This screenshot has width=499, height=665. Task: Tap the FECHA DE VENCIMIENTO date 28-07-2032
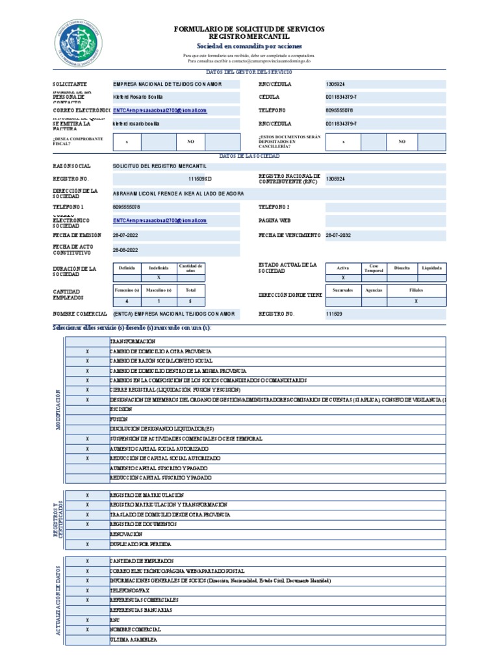pos(338,235)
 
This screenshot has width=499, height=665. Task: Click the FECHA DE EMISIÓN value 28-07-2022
pos(125,235)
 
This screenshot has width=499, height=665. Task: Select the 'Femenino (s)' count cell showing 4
pos(127,301)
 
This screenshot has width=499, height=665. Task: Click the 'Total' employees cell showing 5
pos(190,301)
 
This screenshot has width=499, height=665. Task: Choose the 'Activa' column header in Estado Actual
pos(343,268)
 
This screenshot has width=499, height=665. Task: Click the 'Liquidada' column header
pos(431,268)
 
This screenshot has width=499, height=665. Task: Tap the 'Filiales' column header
pos(416,290)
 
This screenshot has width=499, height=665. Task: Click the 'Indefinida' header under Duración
pos(159,268)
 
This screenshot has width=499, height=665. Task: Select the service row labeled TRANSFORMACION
pos(133,341)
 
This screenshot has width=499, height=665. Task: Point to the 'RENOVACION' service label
pos(126,533)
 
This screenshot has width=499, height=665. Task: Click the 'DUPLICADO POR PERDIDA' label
pos(140,544)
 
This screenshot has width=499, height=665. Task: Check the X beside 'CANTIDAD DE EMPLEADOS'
pos(87,560)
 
